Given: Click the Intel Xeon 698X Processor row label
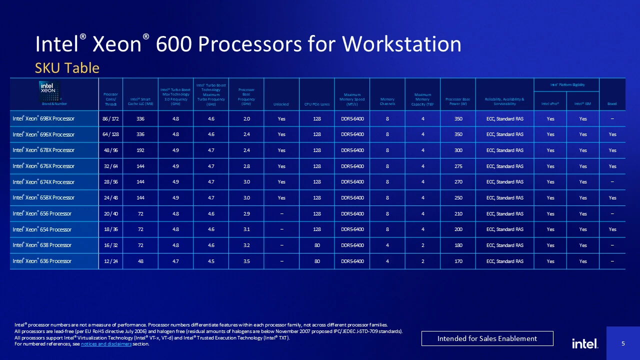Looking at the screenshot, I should click(x=43, y=119).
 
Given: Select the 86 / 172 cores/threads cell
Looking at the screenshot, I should click(x=110, y=119).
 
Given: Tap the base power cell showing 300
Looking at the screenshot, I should click(x=458, y=150).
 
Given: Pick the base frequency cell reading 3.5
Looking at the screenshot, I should click(x=246, y=261).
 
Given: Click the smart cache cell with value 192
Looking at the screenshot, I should click(x=140, y=150).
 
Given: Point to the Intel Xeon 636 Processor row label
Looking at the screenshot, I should click(x=42, y=261).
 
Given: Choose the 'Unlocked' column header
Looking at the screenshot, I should click(x=281, y=104).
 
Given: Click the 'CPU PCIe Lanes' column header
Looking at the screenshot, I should click(x=316, y=104).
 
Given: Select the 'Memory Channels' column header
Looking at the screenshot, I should click(x=387, y=101).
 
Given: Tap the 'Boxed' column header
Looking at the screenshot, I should click(x=612, y=104).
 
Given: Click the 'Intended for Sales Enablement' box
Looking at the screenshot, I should click(x=487, y=338).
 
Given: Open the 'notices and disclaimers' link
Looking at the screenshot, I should click(x=106, y=344).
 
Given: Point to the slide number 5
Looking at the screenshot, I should click(x=623, y=343).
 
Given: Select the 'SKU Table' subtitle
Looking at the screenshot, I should click(x=67, y=68).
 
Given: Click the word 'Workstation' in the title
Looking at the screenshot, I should click(x=401, y=44).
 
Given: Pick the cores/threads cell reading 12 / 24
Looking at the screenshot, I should click(x=110, y=261).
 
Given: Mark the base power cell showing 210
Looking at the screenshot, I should click(x=458, y=214).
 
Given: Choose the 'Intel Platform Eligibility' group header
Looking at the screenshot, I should click(x=566, y=85).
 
